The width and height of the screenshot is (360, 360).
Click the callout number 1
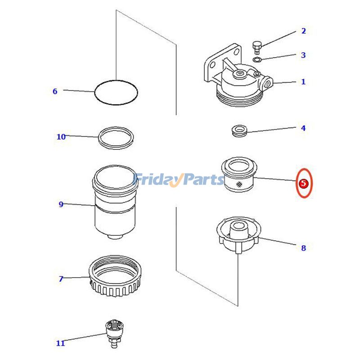click(x=303, y=82)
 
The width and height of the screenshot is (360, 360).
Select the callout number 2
click(x=303, y=31)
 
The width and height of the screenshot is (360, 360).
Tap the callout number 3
click(x=303, y=55)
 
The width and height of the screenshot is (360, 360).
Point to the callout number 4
click(x=303, y=128)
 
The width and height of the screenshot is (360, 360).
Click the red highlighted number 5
click(x=303, y=183)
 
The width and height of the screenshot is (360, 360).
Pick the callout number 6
click(x=55, y=91)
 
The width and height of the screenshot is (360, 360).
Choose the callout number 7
click(x=61, y=279)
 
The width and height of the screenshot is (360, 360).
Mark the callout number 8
click(x=303, y=248)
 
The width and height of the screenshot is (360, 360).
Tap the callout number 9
click(x=61, y=204)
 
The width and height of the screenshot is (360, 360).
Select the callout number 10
click(x=61, y=137)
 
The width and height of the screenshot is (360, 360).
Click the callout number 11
click(x=60, y=343)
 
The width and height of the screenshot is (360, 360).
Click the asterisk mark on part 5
click(x=238, y=185)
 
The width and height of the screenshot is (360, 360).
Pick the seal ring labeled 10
click(x=116, y=138)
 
